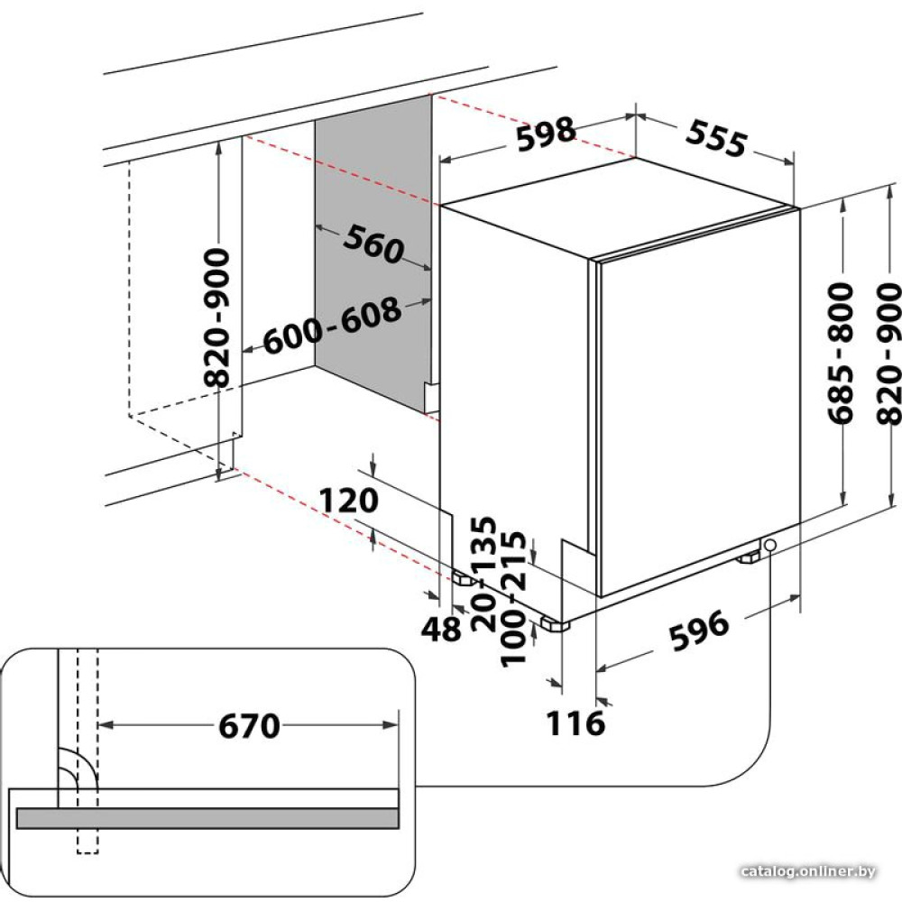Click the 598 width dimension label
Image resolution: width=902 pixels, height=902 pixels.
546,135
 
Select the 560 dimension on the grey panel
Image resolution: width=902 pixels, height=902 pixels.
374,244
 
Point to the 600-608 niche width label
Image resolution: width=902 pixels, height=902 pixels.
332,325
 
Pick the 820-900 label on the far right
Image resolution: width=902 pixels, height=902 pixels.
888,354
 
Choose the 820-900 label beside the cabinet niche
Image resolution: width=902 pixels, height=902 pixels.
217,317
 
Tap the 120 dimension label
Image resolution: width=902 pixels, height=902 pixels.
348,500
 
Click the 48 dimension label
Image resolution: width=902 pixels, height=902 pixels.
441,629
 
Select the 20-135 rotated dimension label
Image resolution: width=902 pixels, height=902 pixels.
483,574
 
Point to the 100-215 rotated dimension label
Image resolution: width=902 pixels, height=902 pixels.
513,599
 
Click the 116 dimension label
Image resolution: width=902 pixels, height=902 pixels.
575,723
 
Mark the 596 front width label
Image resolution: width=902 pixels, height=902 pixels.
699,631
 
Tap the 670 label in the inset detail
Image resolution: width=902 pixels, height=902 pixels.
249,726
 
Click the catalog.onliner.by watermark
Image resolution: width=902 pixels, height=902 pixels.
807,871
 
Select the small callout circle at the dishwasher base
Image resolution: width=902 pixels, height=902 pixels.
769,544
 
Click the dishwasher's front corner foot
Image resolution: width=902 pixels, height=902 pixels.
555,624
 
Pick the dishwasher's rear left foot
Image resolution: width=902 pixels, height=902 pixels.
462,577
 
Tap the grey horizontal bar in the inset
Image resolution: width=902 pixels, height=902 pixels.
207,818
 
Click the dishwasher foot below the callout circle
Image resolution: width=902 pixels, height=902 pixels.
749,557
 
